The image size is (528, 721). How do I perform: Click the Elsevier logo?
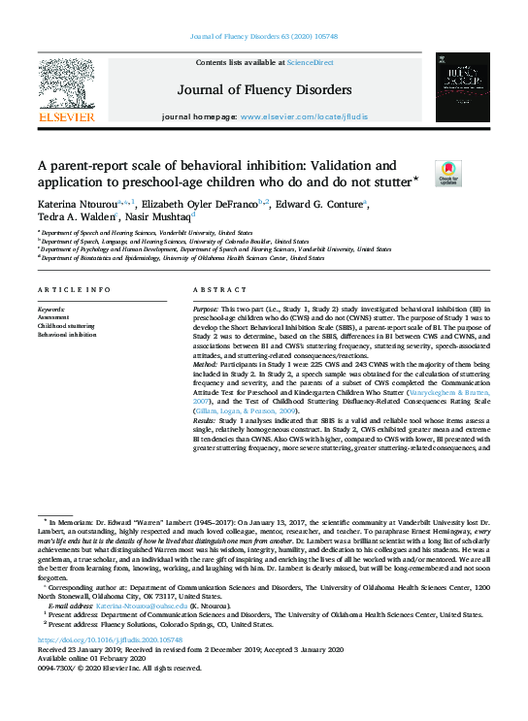click(x=66, y=93)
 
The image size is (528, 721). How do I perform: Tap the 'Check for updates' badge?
click(x=421, y=174)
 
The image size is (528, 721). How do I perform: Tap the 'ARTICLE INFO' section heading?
click(x=73, y=291)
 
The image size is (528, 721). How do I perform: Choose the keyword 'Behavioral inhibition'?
click(x=66, y=335)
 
